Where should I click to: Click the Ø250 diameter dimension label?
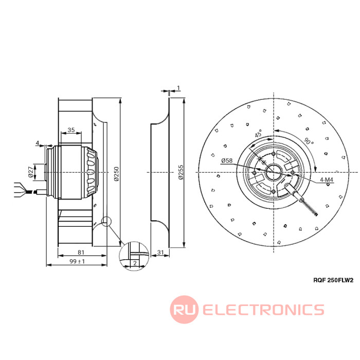coord(116,174)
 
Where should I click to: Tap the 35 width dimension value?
coord(71,130)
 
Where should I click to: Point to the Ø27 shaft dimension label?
coord(30,171)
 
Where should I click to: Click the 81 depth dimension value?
coord(81,252)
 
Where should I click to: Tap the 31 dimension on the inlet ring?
coord(160,252)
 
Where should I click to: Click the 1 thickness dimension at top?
coord(178,87)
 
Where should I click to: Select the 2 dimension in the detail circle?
coord(134,263)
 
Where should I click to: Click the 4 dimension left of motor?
coord(38,142)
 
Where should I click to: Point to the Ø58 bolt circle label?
coord(227,160)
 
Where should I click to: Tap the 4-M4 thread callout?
coord(328,179)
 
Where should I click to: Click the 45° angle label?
coord(258,135)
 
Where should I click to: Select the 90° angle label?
coord(308,142)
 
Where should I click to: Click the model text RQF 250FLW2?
coord(334,280)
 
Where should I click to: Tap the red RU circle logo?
coord(184,310)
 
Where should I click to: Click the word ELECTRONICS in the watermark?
coord(263,310)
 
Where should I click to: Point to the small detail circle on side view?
coord(106,222)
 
